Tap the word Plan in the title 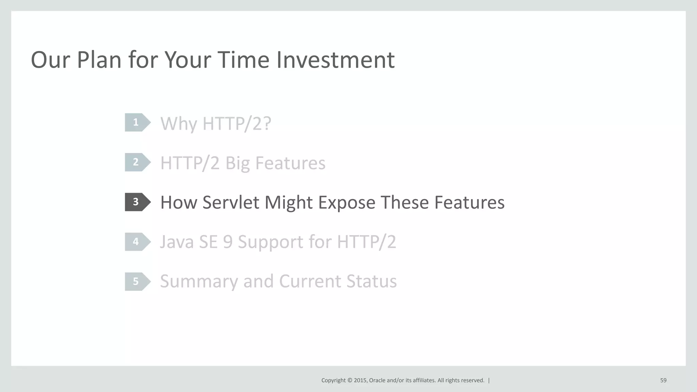99,60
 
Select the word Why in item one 178,124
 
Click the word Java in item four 177,242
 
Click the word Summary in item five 199,282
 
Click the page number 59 663,380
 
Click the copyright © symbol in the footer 350,380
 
